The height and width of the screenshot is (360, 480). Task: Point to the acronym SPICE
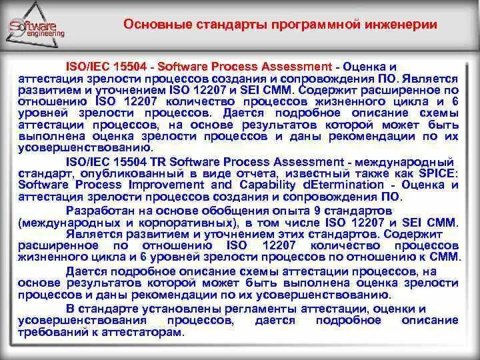point(440,173)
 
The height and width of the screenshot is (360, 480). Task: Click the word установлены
point(163,309)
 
